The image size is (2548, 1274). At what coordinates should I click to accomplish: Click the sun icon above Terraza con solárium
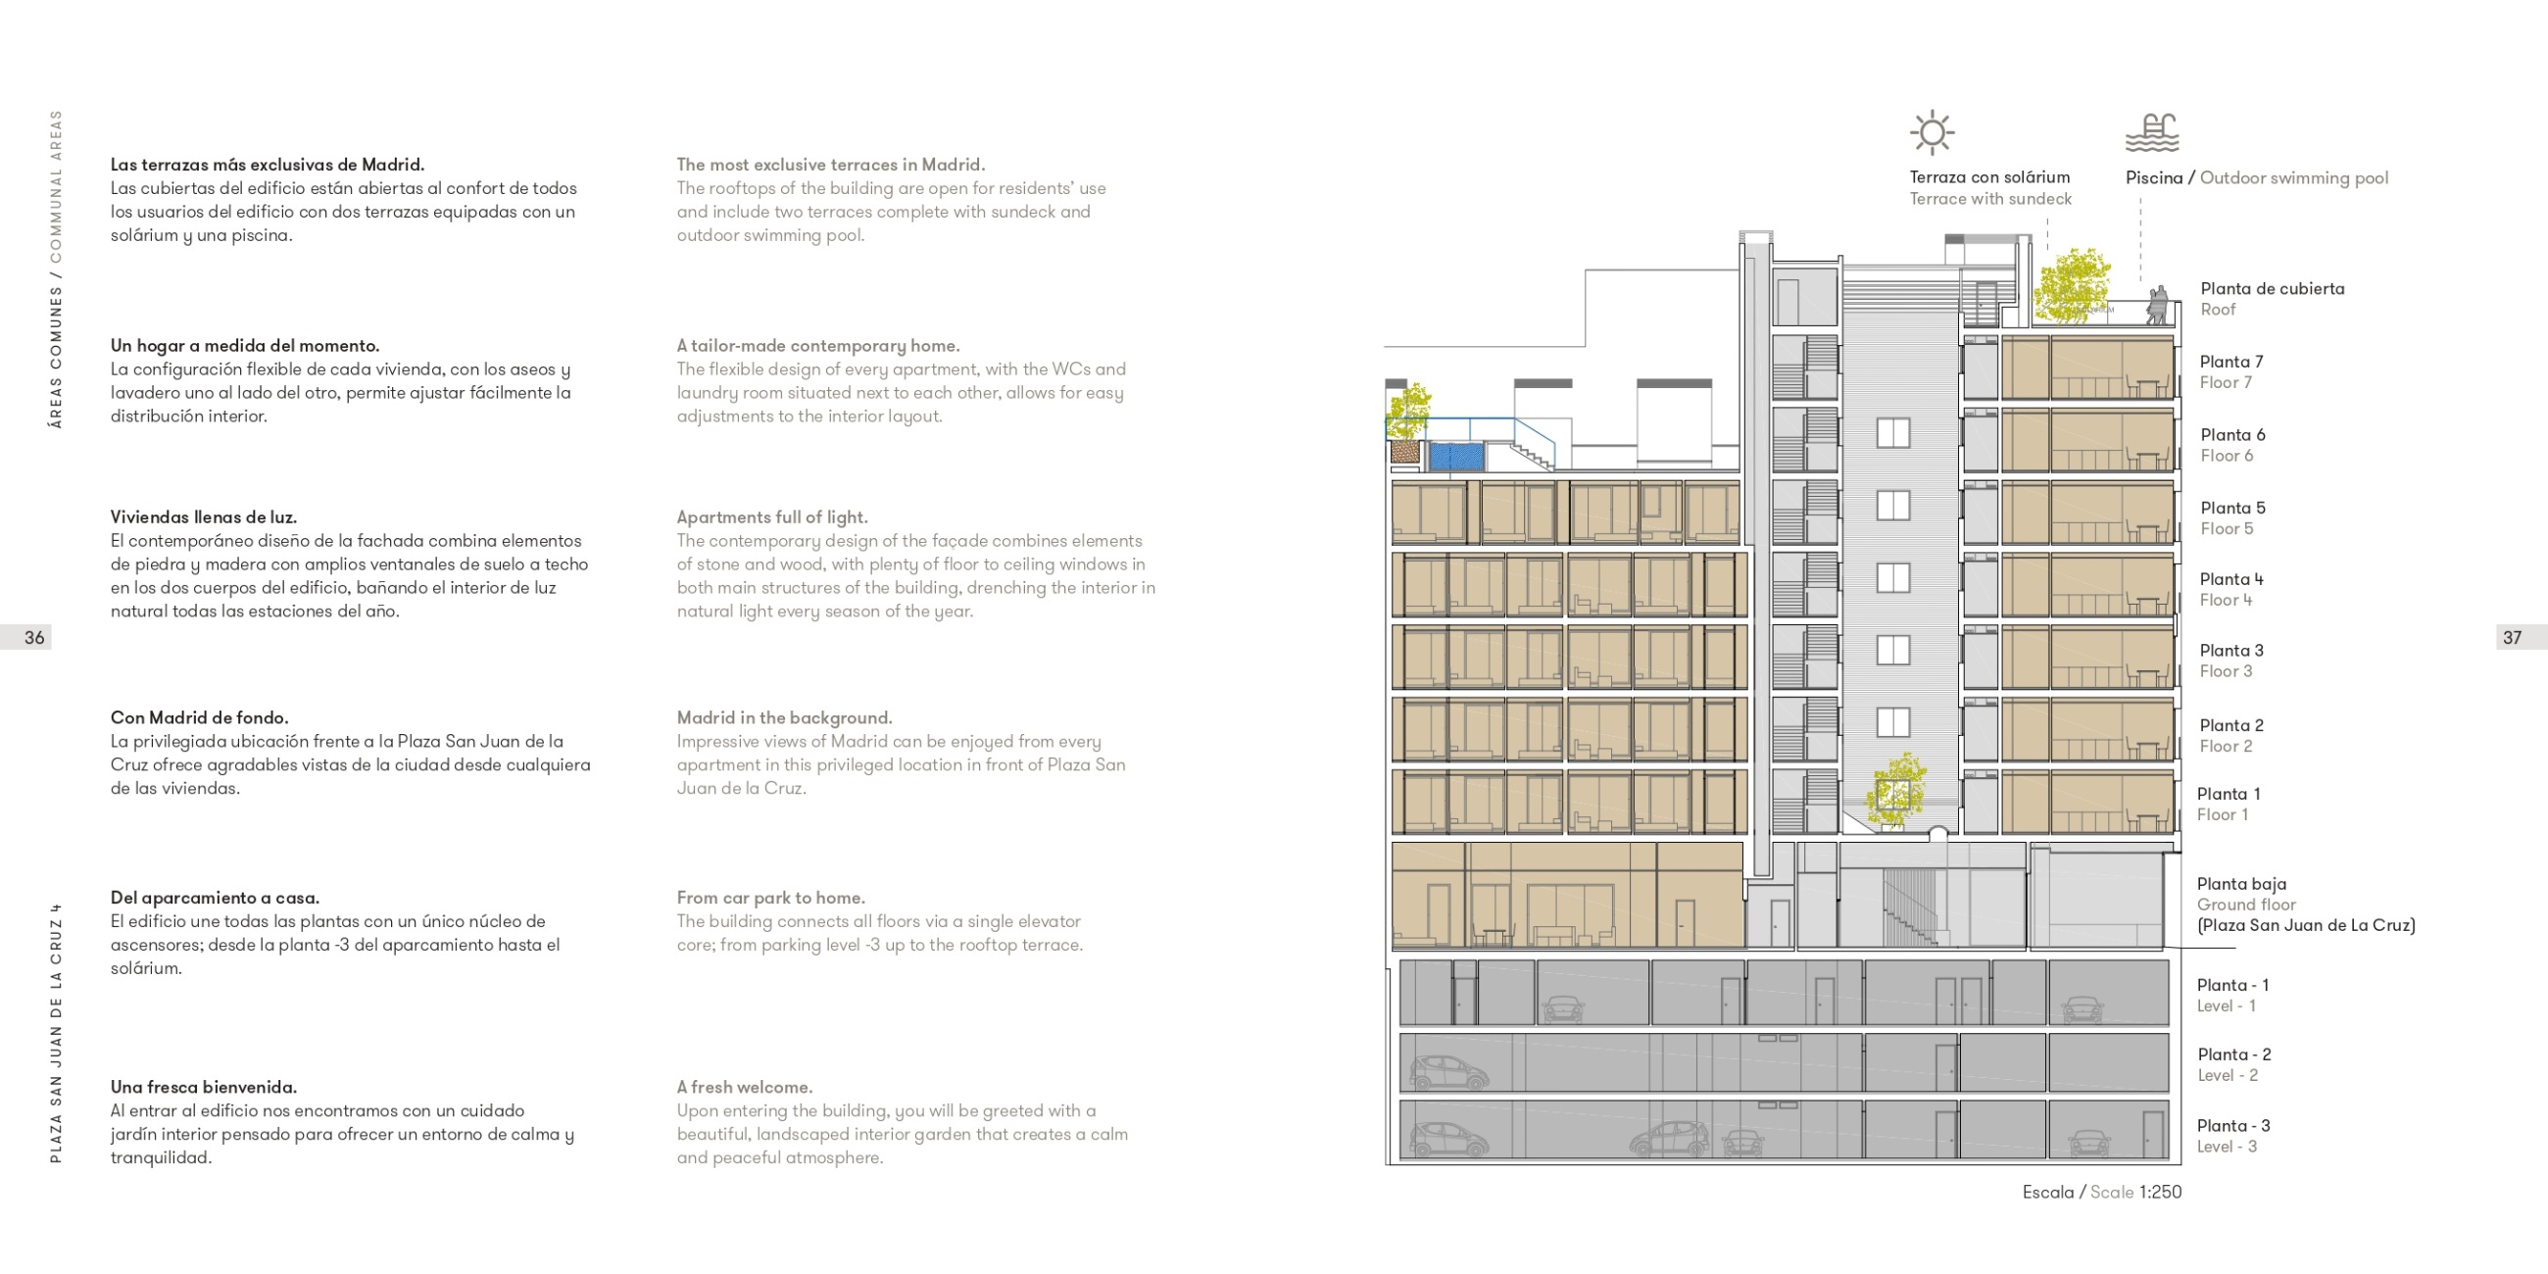click(x=1932, y=132)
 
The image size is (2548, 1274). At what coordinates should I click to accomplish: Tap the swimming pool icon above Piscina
click(x=2152, y=132)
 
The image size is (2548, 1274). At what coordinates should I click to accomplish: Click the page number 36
click(x=34, y=638)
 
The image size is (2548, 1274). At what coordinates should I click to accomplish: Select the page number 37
click(x=2513, y=638)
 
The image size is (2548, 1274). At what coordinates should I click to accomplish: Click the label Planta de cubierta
click(x=2272, y=289)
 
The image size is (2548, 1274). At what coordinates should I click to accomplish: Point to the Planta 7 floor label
click(x=2230, y=362)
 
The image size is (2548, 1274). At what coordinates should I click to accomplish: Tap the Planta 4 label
click(x=2230, y=579)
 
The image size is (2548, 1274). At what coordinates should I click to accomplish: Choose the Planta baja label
click(x=2241, y=884)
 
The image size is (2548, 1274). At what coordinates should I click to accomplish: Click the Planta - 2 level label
click(x=2233, y=1054)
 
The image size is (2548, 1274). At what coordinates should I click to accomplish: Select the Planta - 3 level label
click(x=2233, y=1126)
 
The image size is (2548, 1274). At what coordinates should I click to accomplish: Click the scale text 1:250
click(x=2160, y=1192)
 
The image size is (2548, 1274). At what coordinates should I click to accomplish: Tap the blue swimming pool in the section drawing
click(x=1456, y=457)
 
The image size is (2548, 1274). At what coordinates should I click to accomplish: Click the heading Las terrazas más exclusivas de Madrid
click(x=268, y=166)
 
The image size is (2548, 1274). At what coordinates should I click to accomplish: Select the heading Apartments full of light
click(x=771, y=517)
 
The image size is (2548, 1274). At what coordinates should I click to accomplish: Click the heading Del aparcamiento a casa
click(x=215, y=898)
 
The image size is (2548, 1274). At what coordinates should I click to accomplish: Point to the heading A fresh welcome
click(x=745, y=1087)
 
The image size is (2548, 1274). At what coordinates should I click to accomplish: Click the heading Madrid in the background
click(x=784, y=718)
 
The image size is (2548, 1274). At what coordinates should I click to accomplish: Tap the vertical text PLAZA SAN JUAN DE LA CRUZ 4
click(x=57, y=1033)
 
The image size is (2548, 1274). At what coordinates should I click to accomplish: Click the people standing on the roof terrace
click(x=2157, y=305)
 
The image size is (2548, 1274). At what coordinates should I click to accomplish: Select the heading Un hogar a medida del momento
click(x=244, y=346)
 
